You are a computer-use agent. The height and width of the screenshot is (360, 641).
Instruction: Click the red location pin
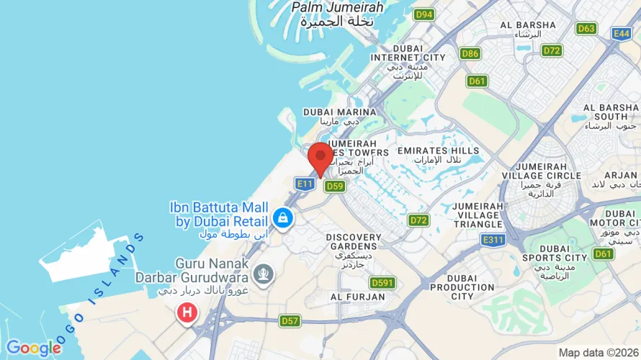click(320, 158)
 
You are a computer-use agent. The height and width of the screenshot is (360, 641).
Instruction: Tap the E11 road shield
click(305, 184)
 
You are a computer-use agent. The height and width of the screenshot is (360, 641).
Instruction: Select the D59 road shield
click(334, 186)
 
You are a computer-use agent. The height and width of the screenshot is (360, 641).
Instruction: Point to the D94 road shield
click(423, 14)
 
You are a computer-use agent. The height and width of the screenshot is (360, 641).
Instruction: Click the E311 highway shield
click(493, 240)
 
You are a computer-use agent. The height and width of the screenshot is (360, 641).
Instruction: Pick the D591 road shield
click(382, 283)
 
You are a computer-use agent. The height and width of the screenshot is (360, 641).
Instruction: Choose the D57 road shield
click(290, 320)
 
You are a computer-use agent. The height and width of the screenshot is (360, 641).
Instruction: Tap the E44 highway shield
click(622, 33)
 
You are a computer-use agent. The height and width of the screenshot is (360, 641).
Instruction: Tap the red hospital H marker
click(187, 312)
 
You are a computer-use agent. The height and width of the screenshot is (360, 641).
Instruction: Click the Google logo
click(33, 348)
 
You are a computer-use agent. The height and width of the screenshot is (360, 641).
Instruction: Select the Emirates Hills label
click(438, 150)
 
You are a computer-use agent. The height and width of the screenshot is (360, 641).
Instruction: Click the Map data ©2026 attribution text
click(597, 353)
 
